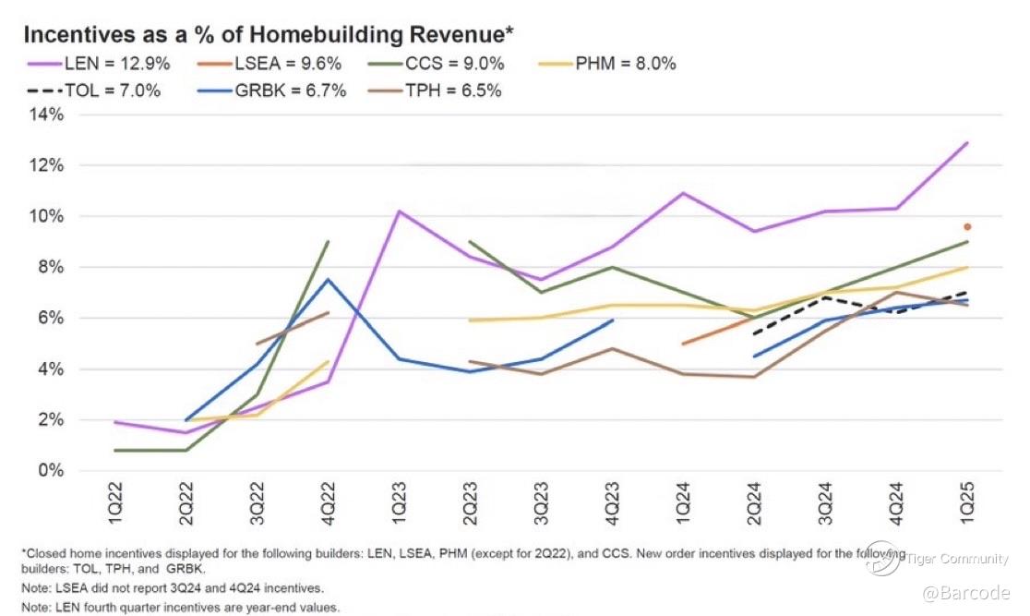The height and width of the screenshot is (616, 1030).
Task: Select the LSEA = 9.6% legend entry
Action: [281, 64]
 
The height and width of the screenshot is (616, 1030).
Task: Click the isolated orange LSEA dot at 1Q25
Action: [967, 226]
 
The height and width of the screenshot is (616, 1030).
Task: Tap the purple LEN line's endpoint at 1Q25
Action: [967, 142]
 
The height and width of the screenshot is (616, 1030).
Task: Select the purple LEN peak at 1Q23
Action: [398, 211]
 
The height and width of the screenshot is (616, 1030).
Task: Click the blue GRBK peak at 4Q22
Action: [329, 279]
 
